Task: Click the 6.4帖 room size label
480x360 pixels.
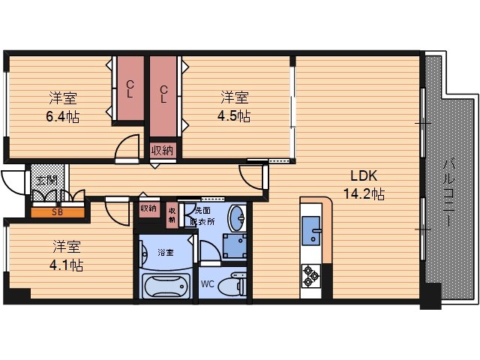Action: tap(63, 116)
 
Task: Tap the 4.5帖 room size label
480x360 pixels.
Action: tap(234, 116)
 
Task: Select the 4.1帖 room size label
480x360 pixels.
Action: tap(66, 265)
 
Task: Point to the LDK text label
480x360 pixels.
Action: tap(364, 175)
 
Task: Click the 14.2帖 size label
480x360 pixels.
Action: tap(364, 193)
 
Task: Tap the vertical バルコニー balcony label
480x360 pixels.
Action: tap(448, 192)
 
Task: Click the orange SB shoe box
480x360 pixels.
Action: tap(58, 212)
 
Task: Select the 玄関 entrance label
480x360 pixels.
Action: tap(46, 180)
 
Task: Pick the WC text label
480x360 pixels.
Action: tap(207, 284)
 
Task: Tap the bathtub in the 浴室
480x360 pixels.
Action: tap(164, 286)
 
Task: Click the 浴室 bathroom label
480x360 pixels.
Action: tap(166, 253)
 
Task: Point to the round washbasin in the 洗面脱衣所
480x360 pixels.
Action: tap(236, 218)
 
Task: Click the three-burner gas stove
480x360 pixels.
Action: tap(311, 276)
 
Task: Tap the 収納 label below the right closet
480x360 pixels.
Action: tap(163, 151)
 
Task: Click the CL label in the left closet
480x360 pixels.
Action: tap(130, 88)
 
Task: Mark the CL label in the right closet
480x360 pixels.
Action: tap(163, 94)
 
